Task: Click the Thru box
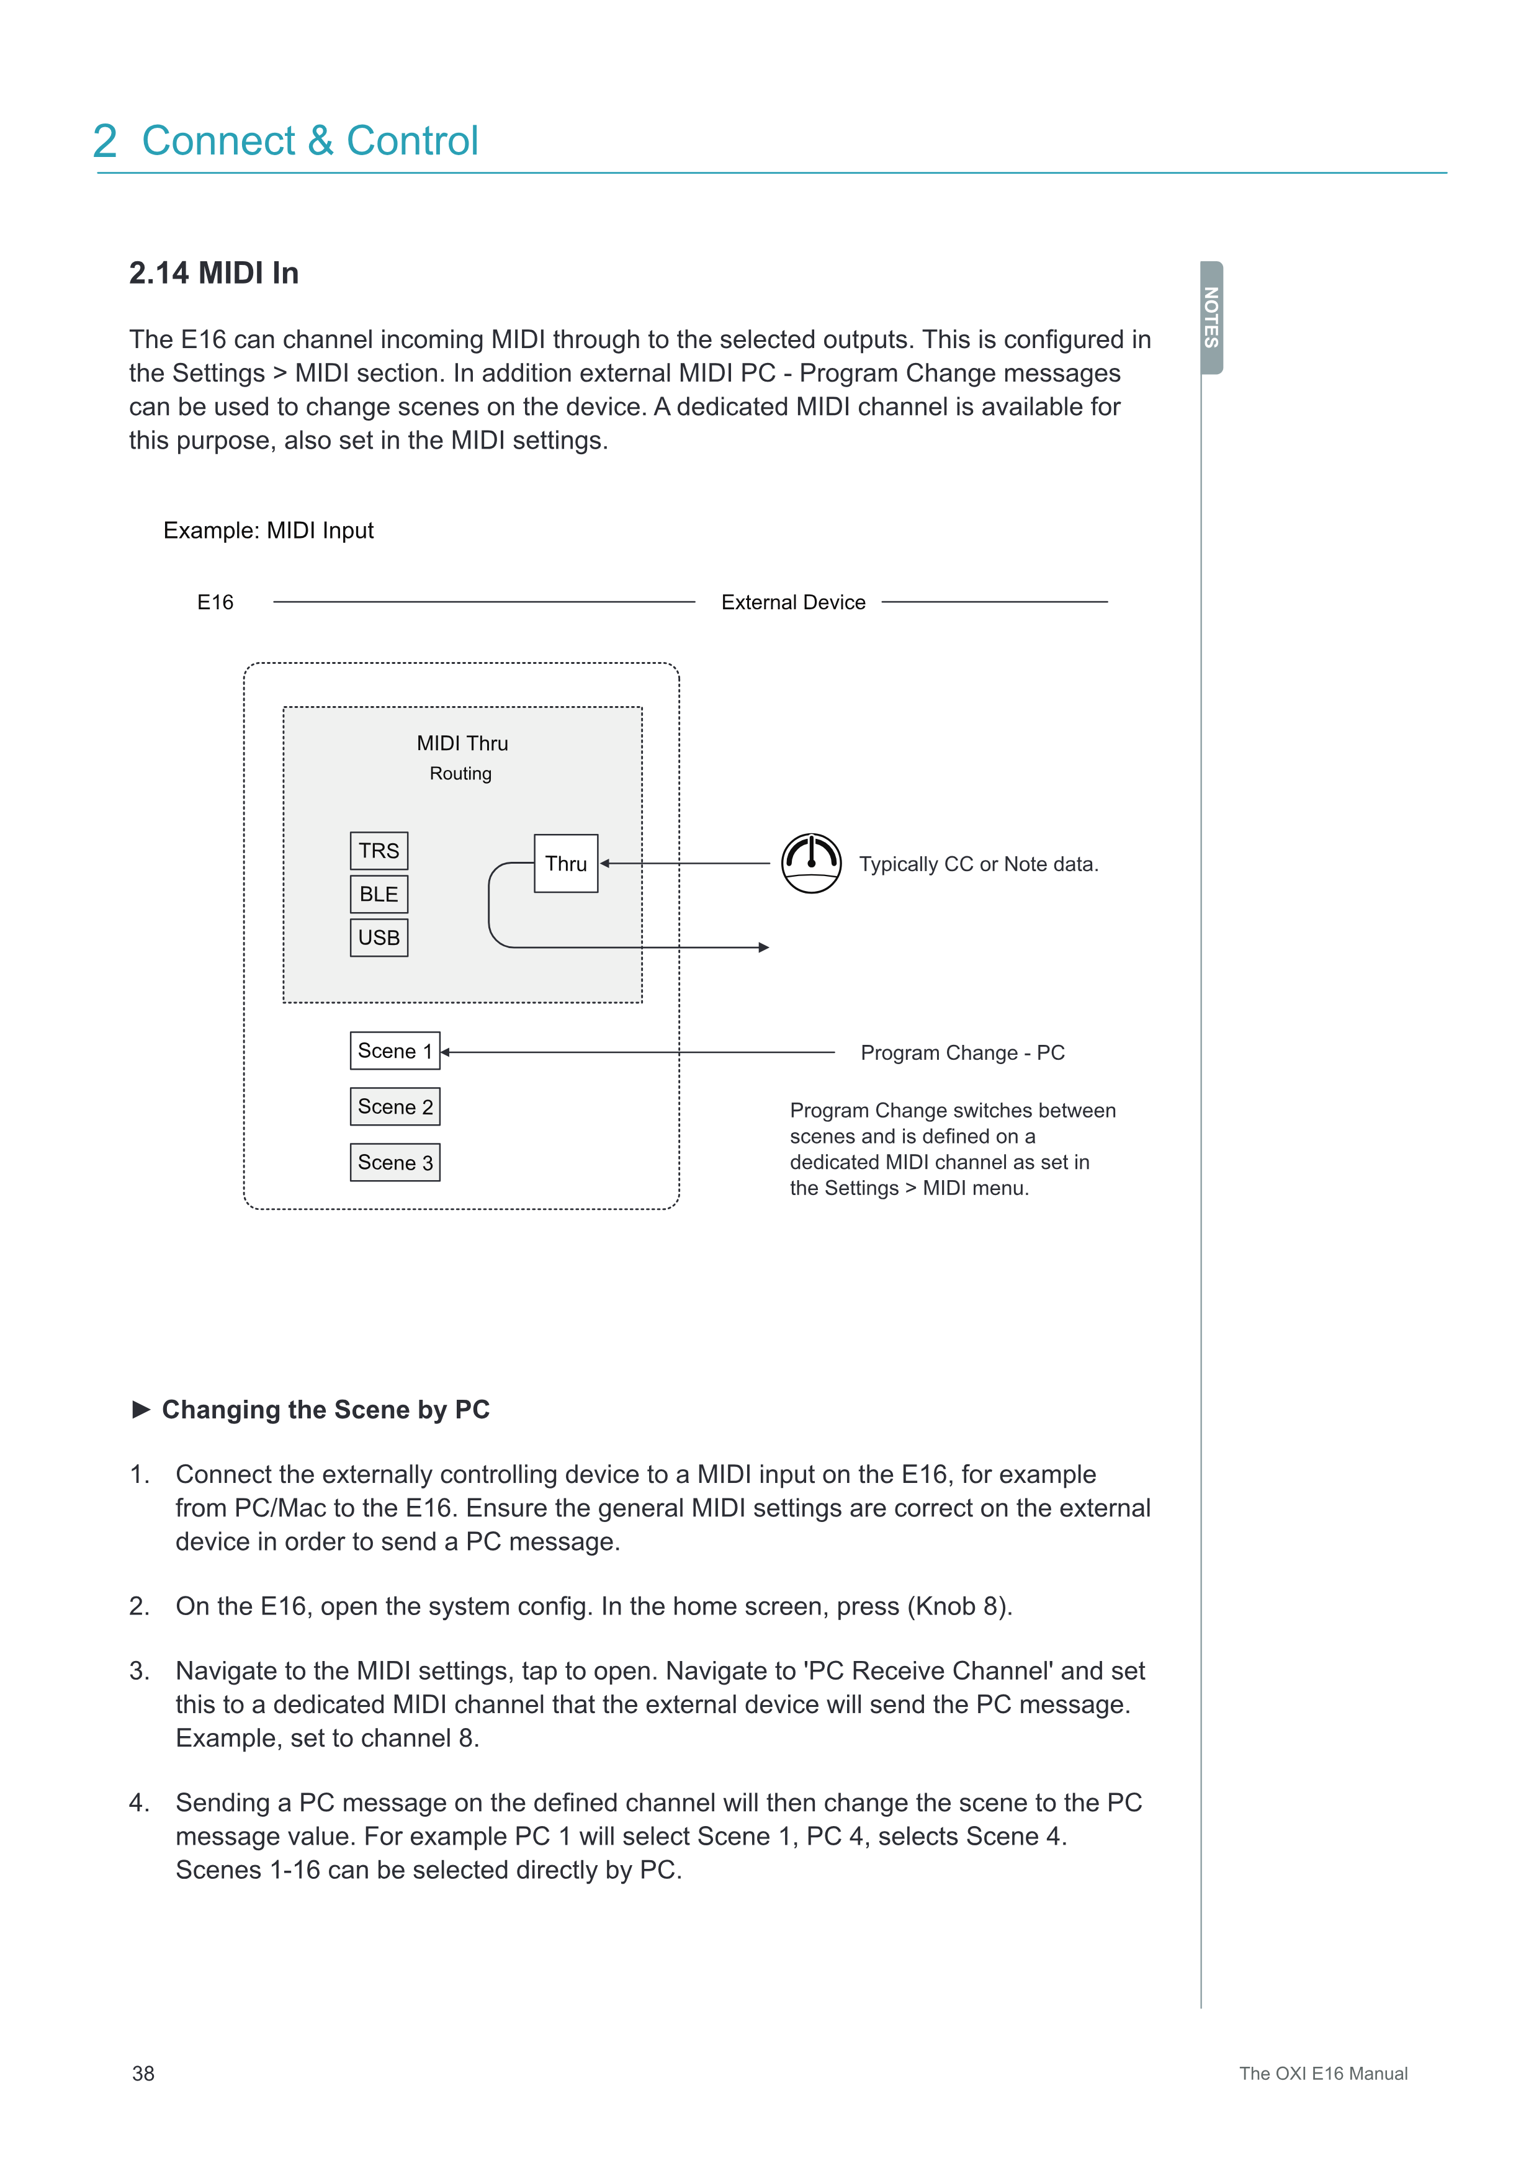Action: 566,863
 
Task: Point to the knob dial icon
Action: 811,863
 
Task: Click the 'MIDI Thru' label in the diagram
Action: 462,743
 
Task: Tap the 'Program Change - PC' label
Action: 962,1053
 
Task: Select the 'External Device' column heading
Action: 793,602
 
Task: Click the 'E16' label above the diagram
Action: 215,602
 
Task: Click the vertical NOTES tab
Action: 1211,318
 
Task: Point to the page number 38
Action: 143,2074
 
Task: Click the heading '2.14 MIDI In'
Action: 214,273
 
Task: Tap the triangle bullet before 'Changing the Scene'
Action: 141,1409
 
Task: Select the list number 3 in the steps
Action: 138,1671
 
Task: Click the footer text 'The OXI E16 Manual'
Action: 1323,2074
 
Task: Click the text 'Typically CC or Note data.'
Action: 978,864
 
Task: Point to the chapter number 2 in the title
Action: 105,141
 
